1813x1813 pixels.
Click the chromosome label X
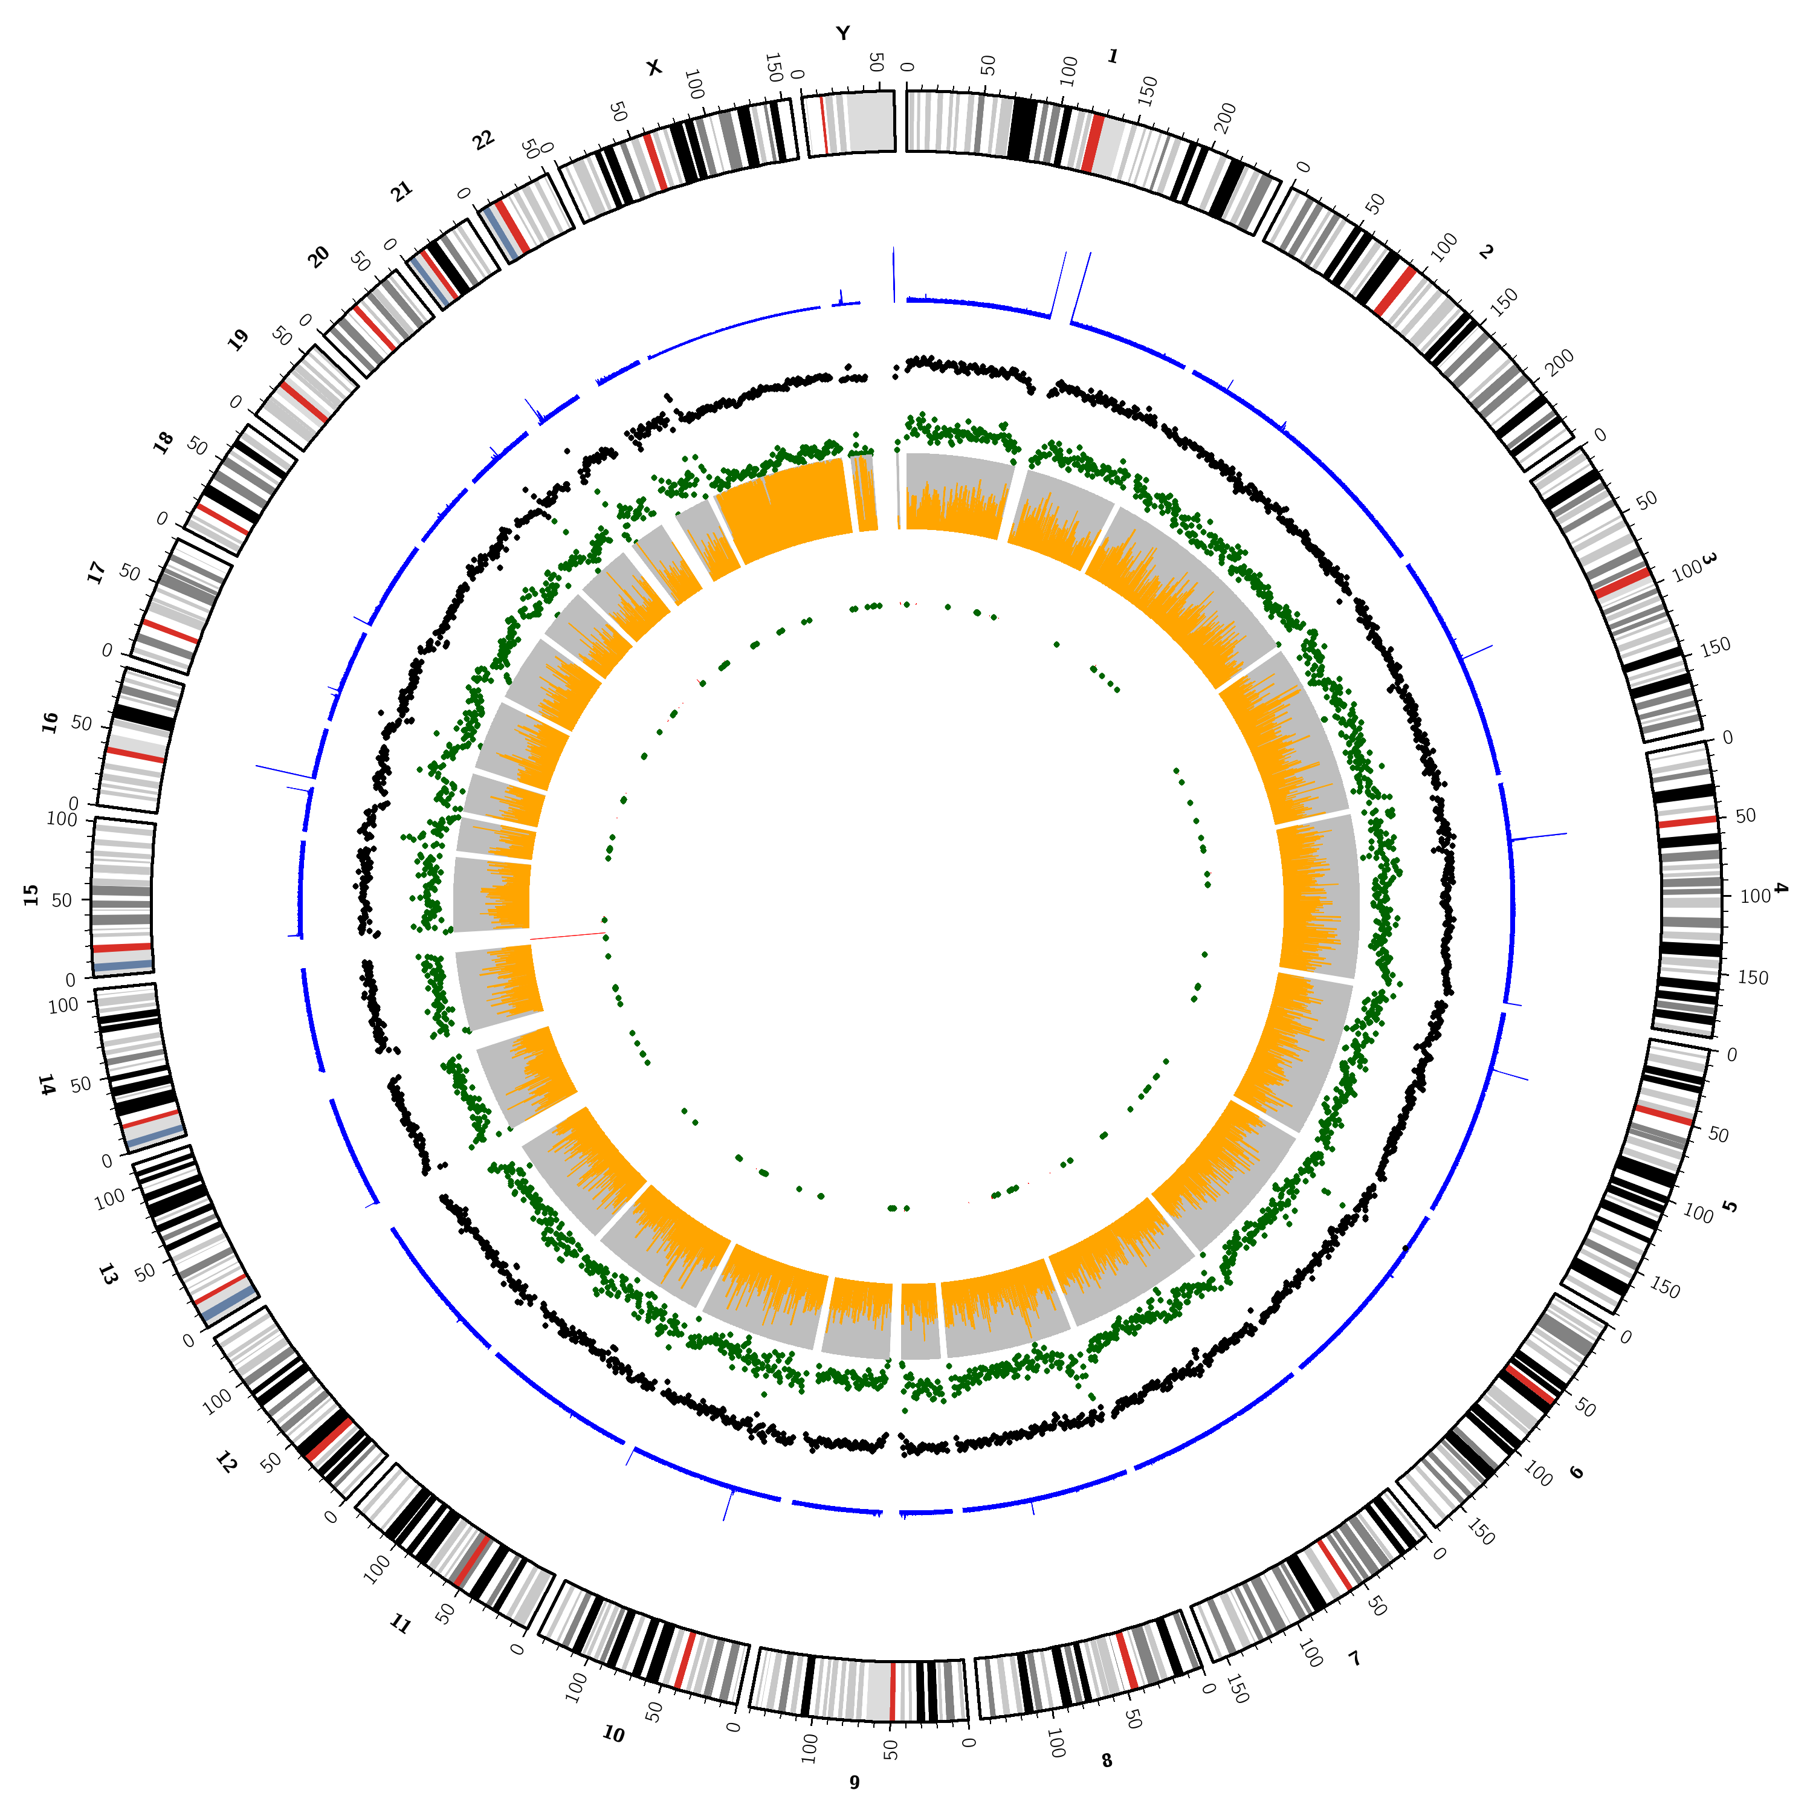654,68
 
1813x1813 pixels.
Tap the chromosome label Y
842,34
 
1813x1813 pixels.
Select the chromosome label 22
483,141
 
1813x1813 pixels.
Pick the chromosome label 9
854,1781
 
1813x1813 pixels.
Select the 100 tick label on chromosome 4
1755,896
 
